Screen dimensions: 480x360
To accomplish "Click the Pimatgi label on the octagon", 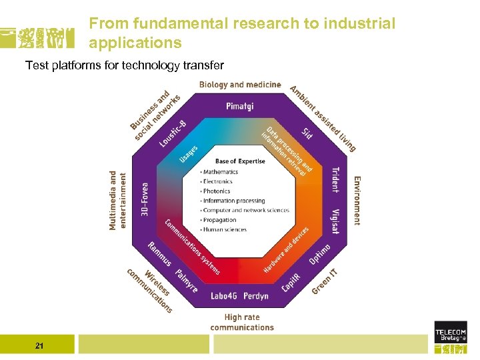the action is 240,106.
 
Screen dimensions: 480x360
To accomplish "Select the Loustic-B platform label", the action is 173,133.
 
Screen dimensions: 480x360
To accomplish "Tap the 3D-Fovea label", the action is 145,199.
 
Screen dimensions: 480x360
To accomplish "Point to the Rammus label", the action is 160,254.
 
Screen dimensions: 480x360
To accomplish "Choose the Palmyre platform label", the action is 186,280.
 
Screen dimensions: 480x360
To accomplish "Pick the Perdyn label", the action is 256,295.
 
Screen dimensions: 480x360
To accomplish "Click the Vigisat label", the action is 335,221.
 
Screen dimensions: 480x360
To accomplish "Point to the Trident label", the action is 335,179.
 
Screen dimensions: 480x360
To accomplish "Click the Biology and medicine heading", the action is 240,85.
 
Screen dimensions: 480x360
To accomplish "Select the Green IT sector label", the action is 326,281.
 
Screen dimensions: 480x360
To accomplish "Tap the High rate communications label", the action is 242,323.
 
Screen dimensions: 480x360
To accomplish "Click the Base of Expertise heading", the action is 240,161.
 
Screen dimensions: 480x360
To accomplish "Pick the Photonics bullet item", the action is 217,191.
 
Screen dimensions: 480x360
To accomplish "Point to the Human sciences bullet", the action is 225,230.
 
